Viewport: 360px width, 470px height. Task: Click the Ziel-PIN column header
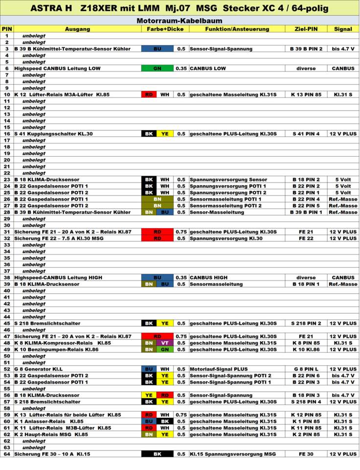(x=306, y=29)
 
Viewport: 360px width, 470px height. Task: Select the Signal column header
(x=343, y=29)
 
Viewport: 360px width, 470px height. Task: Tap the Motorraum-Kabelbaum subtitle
(x=180, y=21)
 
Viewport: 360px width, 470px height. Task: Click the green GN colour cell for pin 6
(x=157, y=69)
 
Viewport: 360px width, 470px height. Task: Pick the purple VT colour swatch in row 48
(x=165, y=343)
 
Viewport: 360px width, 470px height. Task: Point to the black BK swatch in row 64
(x=157, y=454)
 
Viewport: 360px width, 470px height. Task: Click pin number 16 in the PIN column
(x=7, y=134)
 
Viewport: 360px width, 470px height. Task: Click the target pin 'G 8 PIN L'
(x=306, y=369)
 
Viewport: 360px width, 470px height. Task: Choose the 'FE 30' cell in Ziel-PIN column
(x=306, y=454)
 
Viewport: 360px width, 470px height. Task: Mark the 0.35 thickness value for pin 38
(x=181, y=277)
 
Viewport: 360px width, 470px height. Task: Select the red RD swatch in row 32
(x=157, y=238)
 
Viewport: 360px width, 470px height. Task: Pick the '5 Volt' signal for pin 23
(x=343, y=180)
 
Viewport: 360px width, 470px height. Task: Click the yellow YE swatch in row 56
(x=149, y=395)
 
